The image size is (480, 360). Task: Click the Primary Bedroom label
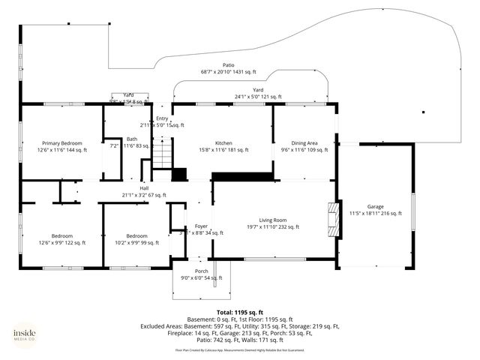point(61,142)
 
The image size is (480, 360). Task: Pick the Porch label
point(201,271)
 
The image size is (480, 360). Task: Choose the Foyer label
point(201,226)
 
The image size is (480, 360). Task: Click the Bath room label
point(132,139)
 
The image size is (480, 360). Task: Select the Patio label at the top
point(228,65)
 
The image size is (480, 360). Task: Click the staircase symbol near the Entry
point(162,157)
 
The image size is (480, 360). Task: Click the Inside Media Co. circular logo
point(24,334)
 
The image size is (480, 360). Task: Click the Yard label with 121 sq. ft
point(257,89)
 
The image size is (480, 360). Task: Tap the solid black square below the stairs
point(179,175)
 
